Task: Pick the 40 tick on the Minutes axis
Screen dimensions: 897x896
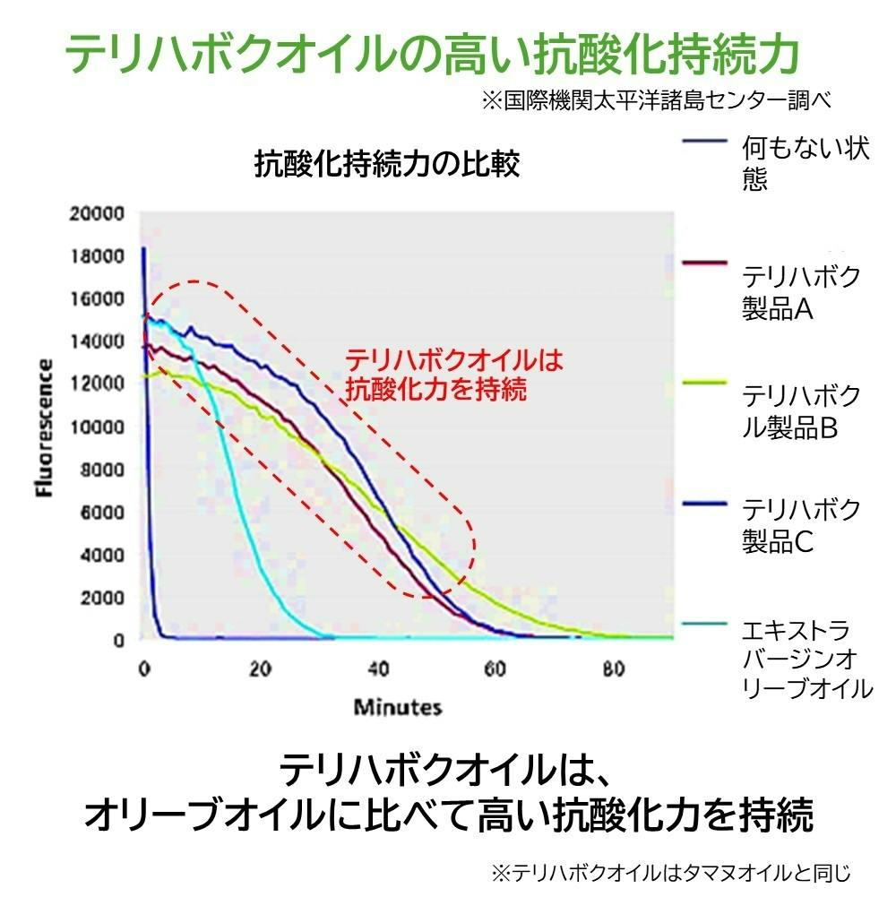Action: pyautogui.click(x=379, y=668)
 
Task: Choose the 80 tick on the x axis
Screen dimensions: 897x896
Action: pyautogui.click(x=613, y=668)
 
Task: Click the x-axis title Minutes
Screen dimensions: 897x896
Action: pyautogui.click(x=398, y=707)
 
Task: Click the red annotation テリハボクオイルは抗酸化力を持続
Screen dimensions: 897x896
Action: pyautogui.click(x=454, y=374)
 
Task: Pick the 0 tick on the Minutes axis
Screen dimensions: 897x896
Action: pyautogui.click(x=143, y=668)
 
